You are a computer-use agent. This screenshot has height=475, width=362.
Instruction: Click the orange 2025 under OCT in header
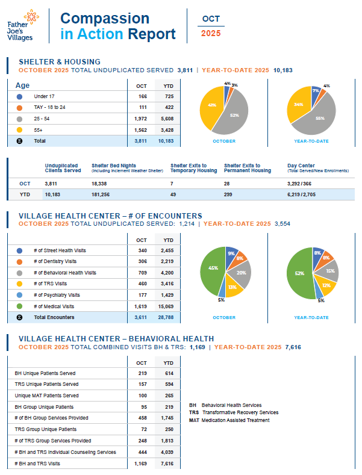pyautogui.click(x=211, y=34)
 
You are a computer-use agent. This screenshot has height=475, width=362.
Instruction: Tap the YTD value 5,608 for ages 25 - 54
pyautogui.click(x=169, y=119)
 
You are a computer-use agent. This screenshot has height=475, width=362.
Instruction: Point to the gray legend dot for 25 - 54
pyautogui.click(x=20, y=119)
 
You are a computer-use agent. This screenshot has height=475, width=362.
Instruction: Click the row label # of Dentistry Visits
pyautogui.click(x=55, y=261)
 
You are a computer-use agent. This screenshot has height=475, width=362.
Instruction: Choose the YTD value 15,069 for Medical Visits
pyautogui.click(x=169, y=306)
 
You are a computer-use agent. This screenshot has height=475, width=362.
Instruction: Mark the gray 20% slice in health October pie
pyautogui.click(x=241, y=273)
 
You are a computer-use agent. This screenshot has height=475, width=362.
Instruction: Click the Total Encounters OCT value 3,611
pyautogui.click(x=142, y=317)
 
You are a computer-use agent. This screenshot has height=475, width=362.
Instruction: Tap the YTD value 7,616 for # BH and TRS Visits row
pyautogui.click(x=169, y=464)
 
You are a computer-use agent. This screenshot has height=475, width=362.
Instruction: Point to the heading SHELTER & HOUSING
pyautogui.click(x=60, y=62)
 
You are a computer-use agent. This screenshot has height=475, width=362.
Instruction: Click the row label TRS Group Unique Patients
pyautogui.click(x=46, y=429)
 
